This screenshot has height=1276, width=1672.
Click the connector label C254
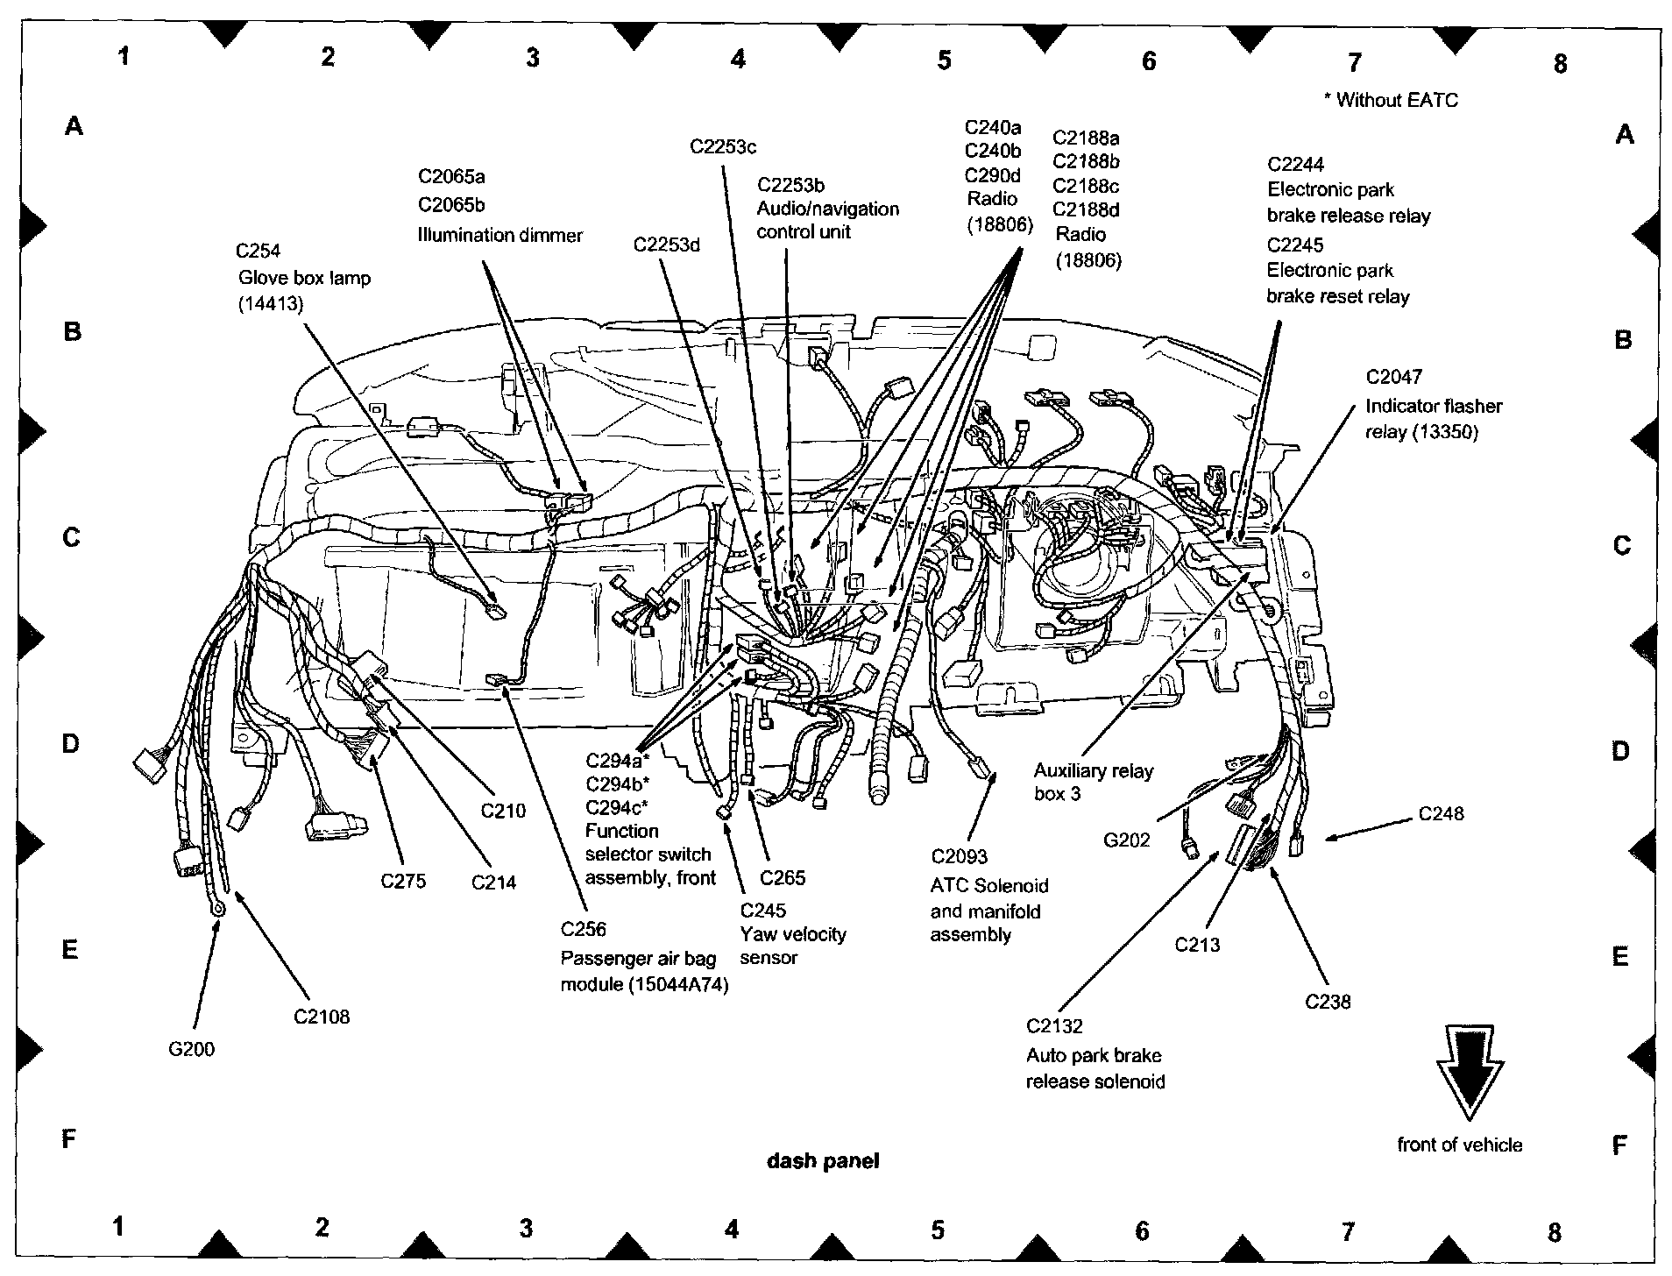pos(258,252)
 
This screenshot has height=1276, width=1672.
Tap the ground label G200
pos(191,1049)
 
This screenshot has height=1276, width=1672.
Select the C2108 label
pos(322,1017)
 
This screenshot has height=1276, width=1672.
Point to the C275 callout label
pos(403,881)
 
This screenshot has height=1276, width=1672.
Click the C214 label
pos(493,883)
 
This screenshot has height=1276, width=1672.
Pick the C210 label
pos(503,811)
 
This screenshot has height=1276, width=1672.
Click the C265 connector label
pos(782,878)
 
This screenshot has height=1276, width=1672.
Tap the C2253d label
pos(666,245)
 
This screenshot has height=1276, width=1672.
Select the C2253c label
pos(722,147)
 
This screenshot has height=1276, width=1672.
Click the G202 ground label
pos(1126,840)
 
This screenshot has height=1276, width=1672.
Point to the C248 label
pos(1441,814)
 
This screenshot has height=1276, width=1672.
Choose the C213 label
pos(1197,945)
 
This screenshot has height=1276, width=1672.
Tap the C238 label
pos(1328,1002)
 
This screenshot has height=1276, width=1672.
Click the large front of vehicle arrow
pos(1470,1071)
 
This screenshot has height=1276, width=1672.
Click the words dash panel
pos(823,1161)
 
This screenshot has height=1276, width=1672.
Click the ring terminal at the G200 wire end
pos(217,909)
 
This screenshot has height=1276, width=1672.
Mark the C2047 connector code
pos(1393,377)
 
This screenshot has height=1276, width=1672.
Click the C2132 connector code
pos(1054,1026)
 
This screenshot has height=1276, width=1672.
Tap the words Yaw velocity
pos(793,934)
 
